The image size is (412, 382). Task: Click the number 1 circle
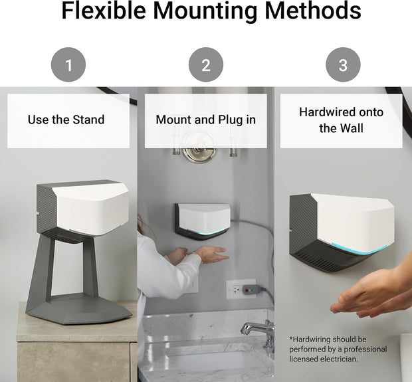(x=68, y=65)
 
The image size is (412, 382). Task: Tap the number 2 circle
(x=205, y=65)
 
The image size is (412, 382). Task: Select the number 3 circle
(x=343, y=65)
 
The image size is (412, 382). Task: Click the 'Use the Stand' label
(x=66, y=120)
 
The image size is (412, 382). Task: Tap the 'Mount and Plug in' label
(x=205, y=120)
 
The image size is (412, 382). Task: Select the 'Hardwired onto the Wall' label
(x=341, y=120)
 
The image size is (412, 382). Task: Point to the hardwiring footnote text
(x=337, y=349)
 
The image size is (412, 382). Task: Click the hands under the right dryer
(x=369, y=293)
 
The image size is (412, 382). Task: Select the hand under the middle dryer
(x=209, y=254)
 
